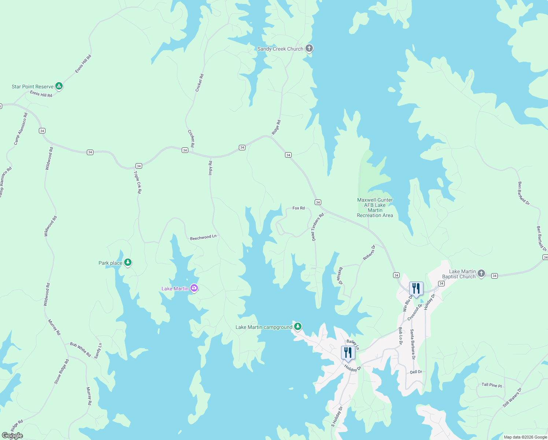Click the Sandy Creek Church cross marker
click(309, 48)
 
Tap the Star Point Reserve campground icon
click(59, 86)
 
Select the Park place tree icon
click(128, 263)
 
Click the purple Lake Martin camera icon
click(195, 288)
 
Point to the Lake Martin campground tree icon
click(298, 326)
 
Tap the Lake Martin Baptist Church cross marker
click(481, 274)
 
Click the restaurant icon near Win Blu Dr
click(416, 288)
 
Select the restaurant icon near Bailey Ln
click(348, 353)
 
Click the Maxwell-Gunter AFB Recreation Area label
click(375, 208)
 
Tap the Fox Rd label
click(299, 208)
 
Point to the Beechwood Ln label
click(203, 238)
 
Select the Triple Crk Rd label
click(137, 182)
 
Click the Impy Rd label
click(210, 168)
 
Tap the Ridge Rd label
click(276, 127)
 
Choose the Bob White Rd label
click(80, 349)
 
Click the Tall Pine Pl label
click(492, 385)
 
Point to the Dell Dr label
click(416, 372)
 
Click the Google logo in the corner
click(12, 436)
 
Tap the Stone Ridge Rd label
click(62, 372)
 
